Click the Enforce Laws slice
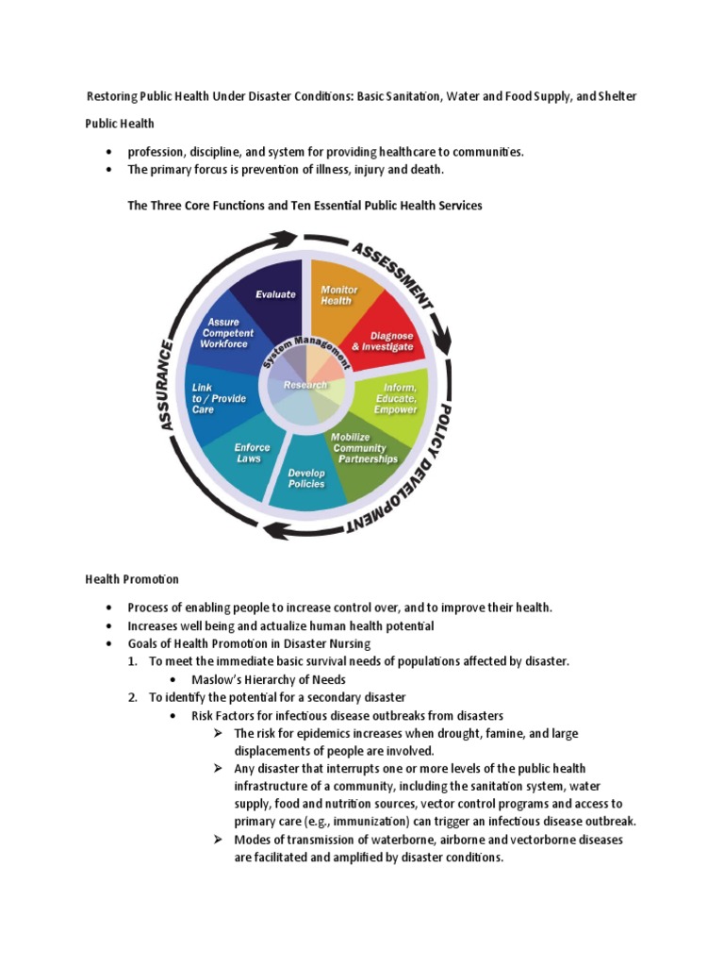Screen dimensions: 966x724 [251, 453]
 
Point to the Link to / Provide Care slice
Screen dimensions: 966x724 [218, 399]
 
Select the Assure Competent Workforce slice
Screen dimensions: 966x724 [223, 333]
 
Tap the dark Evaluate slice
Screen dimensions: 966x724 [275, 294]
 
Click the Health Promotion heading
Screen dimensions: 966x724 [132, 579]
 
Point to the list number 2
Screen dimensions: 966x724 [133, 697]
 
